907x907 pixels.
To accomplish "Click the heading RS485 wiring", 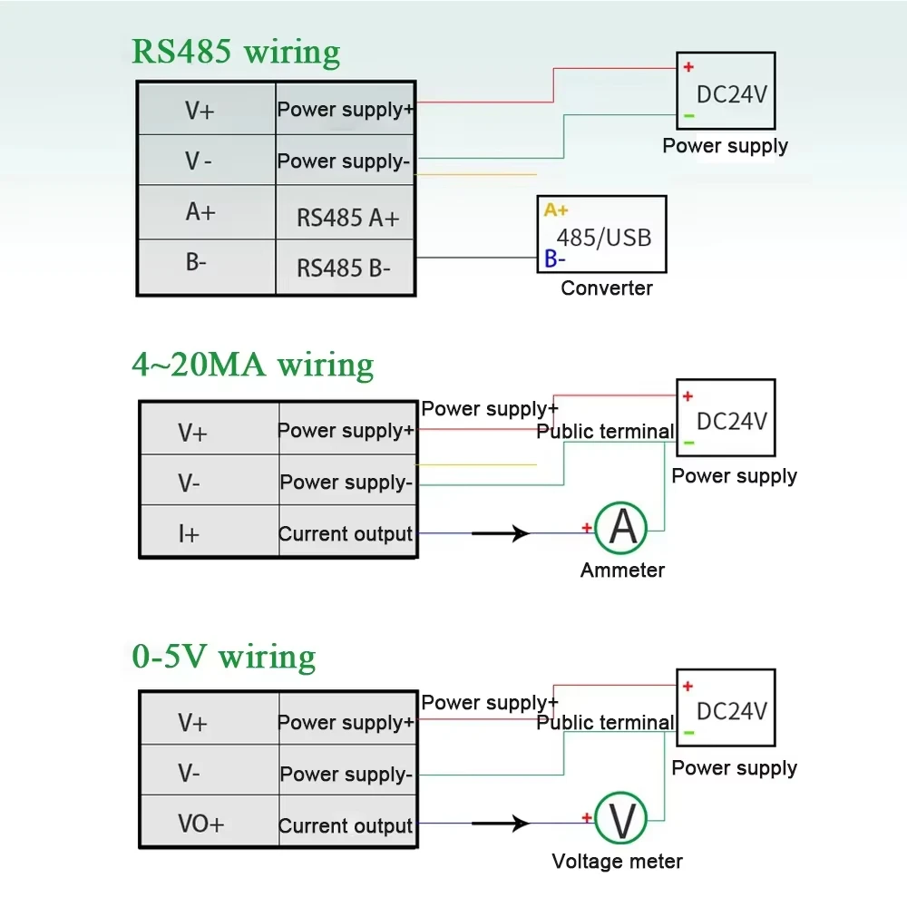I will tap(236, 51).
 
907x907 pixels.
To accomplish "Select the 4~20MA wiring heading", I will tap(252, 365).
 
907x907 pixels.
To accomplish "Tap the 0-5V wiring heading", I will tap(223, 656).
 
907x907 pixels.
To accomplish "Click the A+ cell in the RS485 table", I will tap(200, 212).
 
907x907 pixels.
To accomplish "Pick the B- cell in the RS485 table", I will tap(196, 264).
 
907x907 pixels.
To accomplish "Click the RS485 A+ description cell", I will tap(347, 218).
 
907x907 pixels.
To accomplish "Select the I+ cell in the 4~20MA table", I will tap(189, 534).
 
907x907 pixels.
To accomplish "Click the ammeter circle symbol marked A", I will tap(622, 528).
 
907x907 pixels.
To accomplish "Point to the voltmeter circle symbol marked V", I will tap(622, 820).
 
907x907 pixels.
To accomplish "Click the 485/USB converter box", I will tap(602, 234).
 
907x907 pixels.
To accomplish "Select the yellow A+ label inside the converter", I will tap(556, 210).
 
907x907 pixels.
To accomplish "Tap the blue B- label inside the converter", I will tap(555, 259).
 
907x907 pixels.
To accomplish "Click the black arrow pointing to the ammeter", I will tap(501, 533).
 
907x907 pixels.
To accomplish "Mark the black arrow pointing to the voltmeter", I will tap(501, 824).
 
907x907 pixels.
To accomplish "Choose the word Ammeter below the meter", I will tap(622, 571).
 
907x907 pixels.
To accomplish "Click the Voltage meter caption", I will tap(617, 862).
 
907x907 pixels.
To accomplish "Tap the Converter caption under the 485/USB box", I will tap(607, 288).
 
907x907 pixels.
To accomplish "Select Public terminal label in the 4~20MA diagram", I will tap(605, 432).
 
